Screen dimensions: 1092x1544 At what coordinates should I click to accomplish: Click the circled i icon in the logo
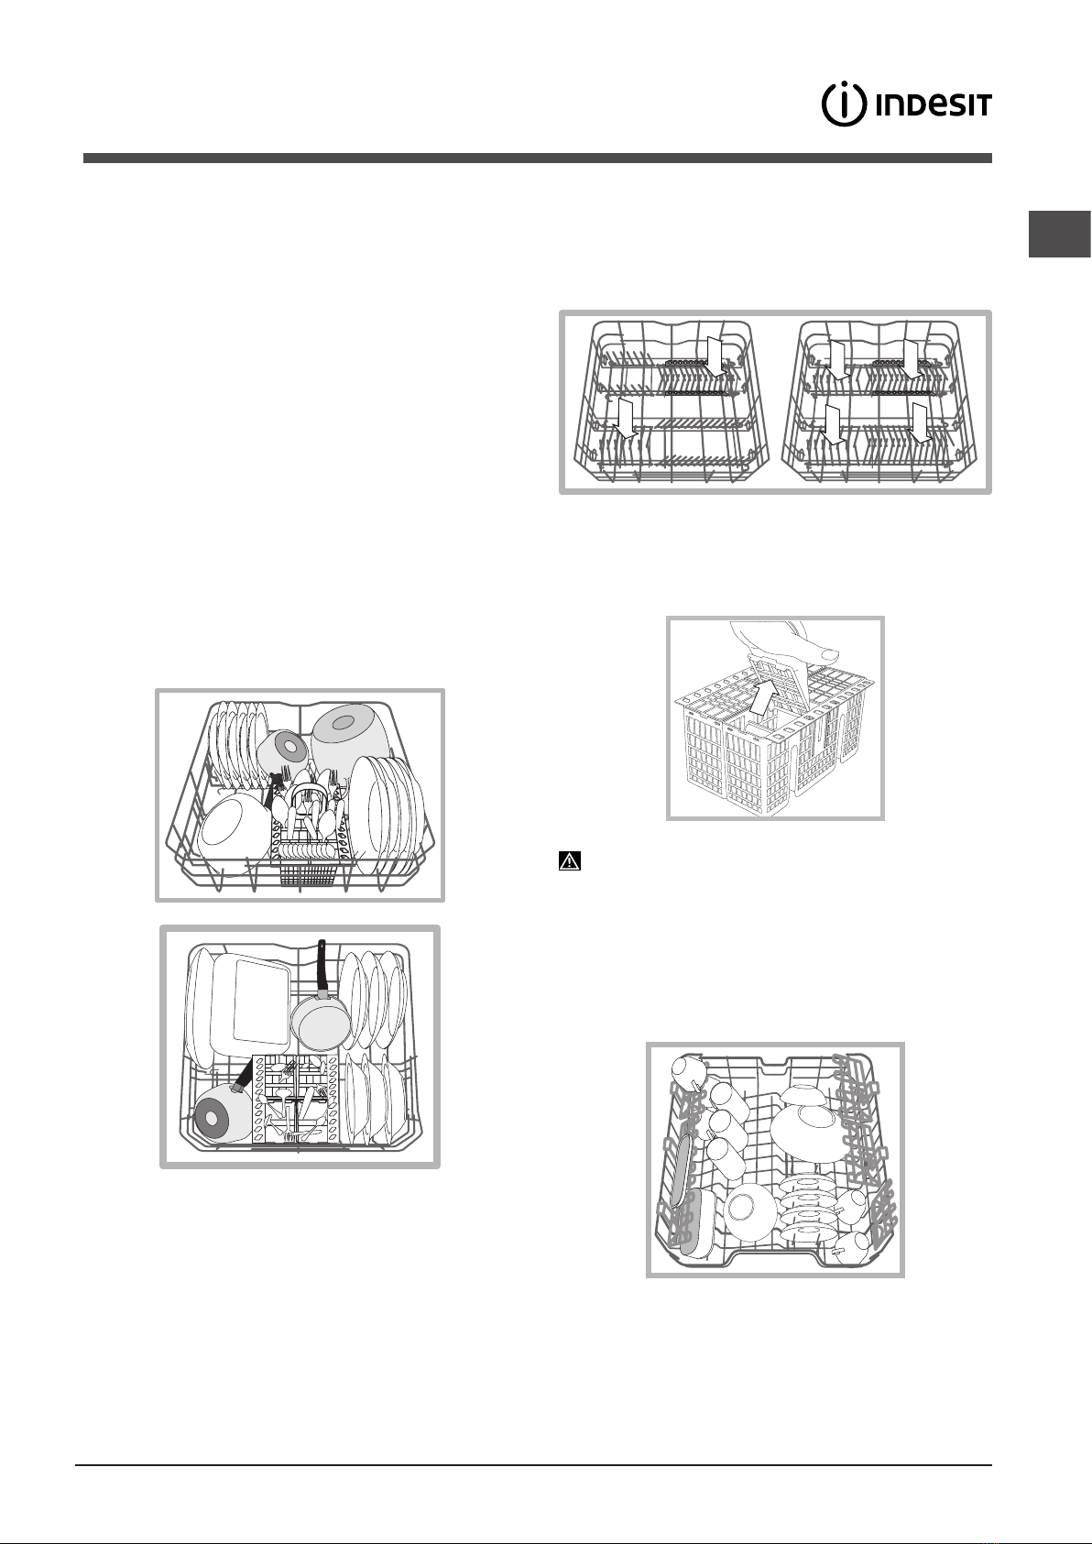click(844, 104)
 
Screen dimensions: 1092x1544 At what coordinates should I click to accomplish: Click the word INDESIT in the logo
click(933, 105)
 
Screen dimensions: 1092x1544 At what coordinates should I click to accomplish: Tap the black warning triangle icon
click(570, 861)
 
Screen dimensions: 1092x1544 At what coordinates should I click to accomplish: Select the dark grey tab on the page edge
click(1060, 235)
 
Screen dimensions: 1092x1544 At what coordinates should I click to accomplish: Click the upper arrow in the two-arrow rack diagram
click(716, 356)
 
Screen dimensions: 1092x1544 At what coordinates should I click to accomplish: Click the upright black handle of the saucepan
click(321, 969)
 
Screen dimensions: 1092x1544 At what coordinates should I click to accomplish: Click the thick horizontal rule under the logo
click(538, 159)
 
